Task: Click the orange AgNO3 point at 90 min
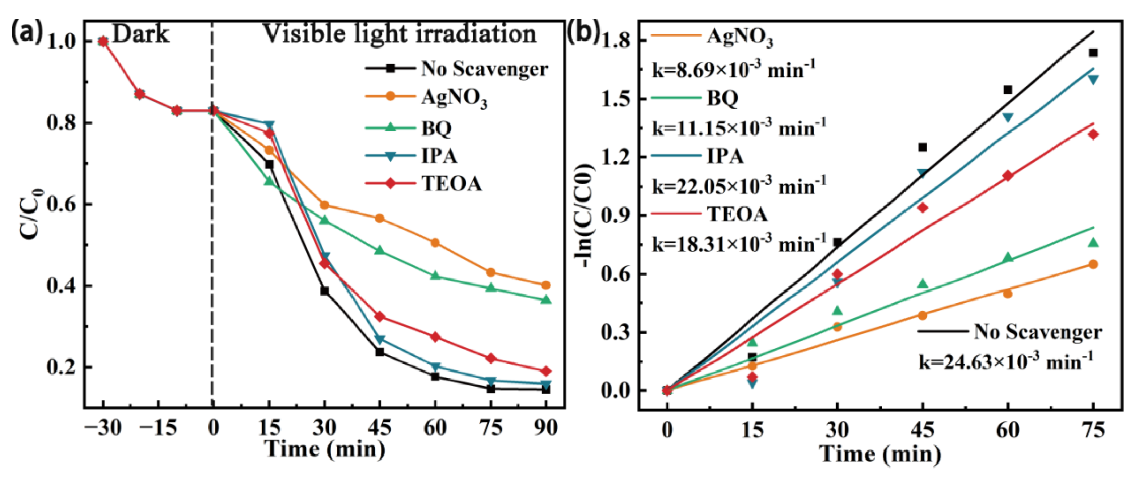tap(546, 285)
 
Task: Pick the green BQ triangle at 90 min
tap(546, 300)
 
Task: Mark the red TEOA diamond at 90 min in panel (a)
tap(546, 371)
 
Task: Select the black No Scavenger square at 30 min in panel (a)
tap(325, 291)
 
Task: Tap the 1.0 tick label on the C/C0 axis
tap(63, 42)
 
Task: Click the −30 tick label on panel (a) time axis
tap(102, 428)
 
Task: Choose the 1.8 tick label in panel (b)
tap(618, 41)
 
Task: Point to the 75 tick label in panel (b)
tap(1093, 430)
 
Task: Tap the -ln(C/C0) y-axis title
tap(587, 215)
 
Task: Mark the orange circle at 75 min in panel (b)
tap(1093, 264)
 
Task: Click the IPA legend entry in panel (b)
tap(725, 156)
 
